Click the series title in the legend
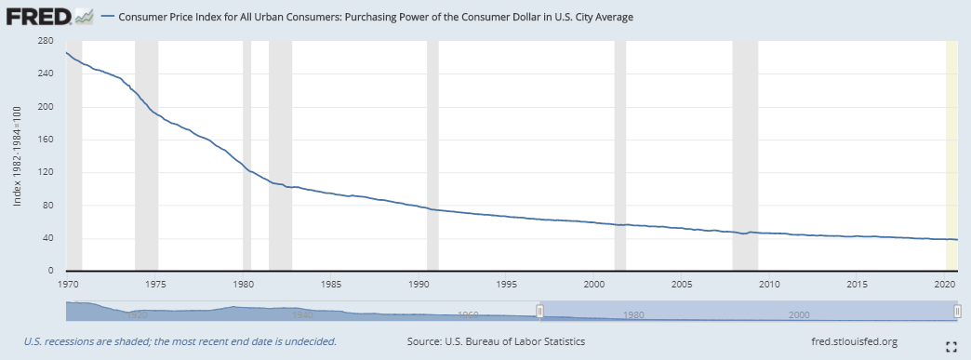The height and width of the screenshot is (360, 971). click(376, 17)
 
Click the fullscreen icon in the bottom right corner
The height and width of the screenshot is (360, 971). click(951, 347)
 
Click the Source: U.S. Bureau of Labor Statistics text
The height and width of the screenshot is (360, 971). click(496, 341)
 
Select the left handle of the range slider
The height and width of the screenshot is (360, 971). click(539, 310)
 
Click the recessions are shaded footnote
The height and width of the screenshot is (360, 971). click(181, 341)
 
